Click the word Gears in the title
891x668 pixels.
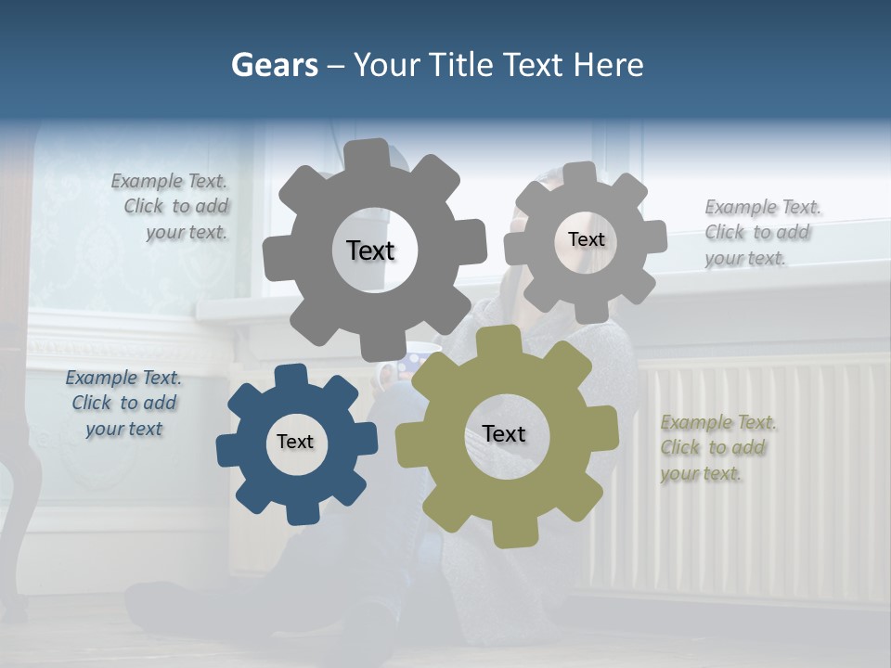point(274,65)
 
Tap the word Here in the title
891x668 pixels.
point(608,65)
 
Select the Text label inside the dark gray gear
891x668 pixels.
point(370,250)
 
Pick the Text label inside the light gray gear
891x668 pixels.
point(586,239)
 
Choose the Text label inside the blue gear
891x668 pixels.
point(295,442)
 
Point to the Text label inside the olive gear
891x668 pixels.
point(504,433)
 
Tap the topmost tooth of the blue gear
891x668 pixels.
point(290,375)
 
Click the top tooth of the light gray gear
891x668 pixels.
point(580,173)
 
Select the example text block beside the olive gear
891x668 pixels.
point(718,448)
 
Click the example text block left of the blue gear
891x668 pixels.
point(123,404)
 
